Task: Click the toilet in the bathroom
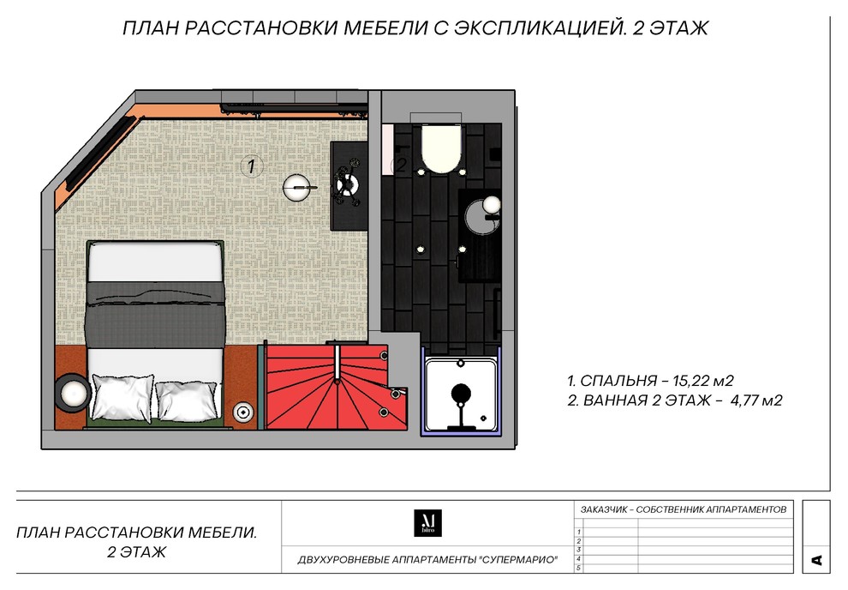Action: tap(441, 147)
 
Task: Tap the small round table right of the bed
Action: tap(244, 412)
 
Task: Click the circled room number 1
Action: tap(251, 166)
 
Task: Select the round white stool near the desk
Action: tap(297, 186)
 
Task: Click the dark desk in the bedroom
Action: tap(349, 184)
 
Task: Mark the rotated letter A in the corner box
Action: tap(816, 560)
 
